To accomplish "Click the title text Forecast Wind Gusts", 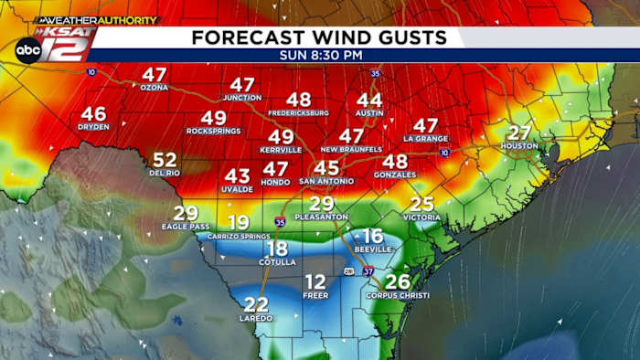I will pyautogui.click(x=319, y=37).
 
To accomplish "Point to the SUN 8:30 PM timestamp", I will pyautogui.click(x=319, y=55).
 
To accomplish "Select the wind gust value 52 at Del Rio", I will pyautogui.click(x=165, y=160).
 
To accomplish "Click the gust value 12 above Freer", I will pyautogui.click(x=315, y=281).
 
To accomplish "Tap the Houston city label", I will pyautogui.click(x=518, y=146).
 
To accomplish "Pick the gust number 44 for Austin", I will pyautogui.click(x=369, y=100).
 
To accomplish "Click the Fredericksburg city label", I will pyautogui.click(x=298, y=112).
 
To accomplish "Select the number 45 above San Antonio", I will pyautogui.click(x=326, y=168).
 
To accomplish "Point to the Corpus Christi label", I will pyautogui.click(x=398, y=295).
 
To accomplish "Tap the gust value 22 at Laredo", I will pyautogui.click(x=257, y=304).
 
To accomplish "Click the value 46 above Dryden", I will pyautogui.click(x=93, y=114).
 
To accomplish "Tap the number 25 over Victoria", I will pyautogui.click(x=421, y=204).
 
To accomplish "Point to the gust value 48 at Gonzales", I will pyautogui.click(x=395, y=161).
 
